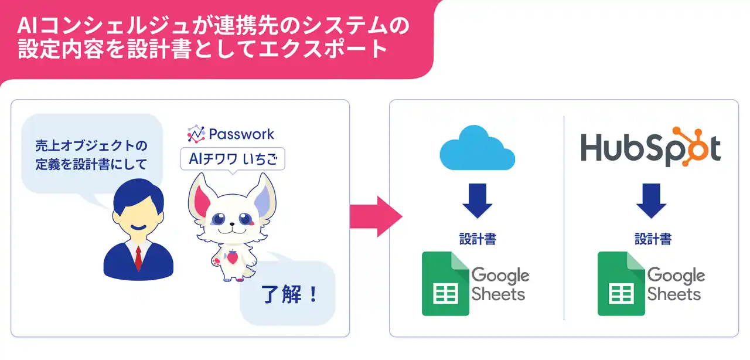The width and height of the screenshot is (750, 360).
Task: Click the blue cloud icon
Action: (477, 148)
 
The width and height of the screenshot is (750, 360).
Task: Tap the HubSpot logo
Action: (650, 147)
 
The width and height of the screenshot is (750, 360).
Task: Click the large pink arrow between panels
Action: (376, 216)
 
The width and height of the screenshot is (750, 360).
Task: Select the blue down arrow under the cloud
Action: (477, 201)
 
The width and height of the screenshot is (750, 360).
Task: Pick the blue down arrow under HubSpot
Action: (651, 201)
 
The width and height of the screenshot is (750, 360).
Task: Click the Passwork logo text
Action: (241, 134)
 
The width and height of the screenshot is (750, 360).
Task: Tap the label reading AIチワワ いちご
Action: (233, 158)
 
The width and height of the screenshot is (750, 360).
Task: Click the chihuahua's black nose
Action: (231, 224)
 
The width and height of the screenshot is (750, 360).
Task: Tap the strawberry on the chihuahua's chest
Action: (232, 256)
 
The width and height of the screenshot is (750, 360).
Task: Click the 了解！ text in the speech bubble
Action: (289, 294)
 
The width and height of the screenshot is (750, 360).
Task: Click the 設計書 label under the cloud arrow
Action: (478, 239)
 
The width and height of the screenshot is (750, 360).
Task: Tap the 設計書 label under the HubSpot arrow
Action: (653, 239)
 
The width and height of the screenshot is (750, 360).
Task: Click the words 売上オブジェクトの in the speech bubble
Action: (91, 145)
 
